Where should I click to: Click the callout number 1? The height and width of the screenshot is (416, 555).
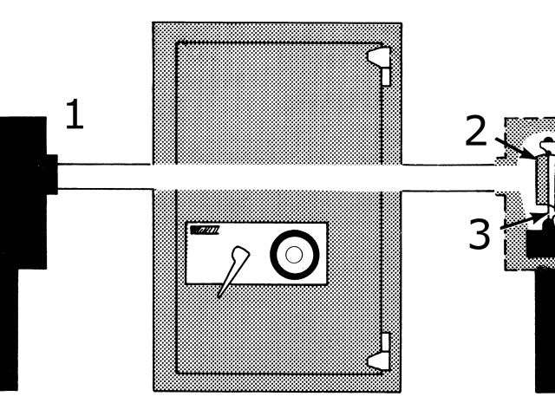click(75, 116)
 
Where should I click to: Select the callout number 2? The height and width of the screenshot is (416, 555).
click(476, 132)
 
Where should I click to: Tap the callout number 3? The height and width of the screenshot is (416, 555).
click(480, 234)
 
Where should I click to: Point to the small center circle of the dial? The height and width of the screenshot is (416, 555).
click(293, 254)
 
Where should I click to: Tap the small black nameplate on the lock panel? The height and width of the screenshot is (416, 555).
click(205, 231)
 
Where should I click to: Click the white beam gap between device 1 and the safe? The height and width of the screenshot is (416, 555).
click(104, 174)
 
